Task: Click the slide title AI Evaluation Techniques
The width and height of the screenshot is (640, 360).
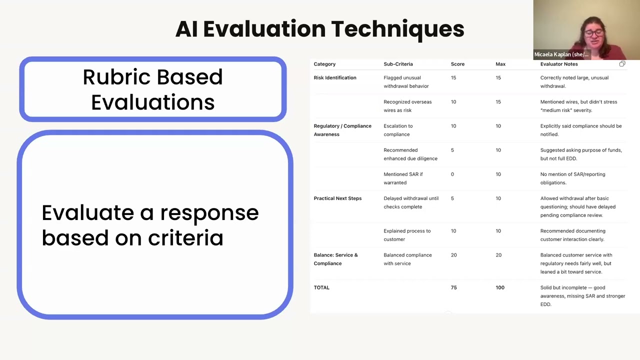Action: tap(319, 29)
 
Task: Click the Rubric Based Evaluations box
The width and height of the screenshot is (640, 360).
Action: tap(152, 89)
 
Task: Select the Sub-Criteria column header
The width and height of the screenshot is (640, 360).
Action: tap(398, 64)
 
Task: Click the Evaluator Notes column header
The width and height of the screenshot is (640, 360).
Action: tap(558, 64)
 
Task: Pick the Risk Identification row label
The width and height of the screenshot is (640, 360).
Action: tap(335, 77)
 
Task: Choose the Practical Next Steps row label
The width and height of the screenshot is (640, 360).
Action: tap(337, 198)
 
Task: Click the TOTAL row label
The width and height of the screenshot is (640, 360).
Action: tap(321, 287)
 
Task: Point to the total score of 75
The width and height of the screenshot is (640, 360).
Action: tap(453, 287)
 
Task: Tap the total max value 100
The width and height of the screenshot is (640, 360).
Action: tap(499, 287)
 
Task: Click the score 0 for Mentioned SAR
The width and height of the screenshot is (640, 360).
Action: tap(452, 174)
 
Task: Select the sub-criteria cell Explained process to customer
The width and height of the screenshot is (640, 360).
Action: tap(407, 235)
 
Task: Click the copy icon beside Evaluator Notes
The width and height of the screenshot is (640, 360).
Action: tap(622, 64)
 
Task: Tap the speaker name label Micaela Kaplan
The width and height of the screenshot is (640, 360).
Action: tap(561, 54)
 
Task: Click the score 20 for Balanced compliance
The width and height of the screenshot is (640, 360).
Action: tap(453, 255)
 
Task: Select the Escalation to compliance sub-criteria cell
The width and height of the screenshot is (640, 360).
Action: tap(398, 130)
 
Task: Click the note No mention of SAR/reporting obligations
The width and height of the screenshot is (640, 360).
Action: tap(572, 178)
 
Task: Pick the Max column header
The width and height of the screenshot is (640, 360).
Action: tap(500, 64)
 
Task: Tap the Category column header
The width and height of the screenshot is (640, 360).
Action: tap(324, 64)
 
